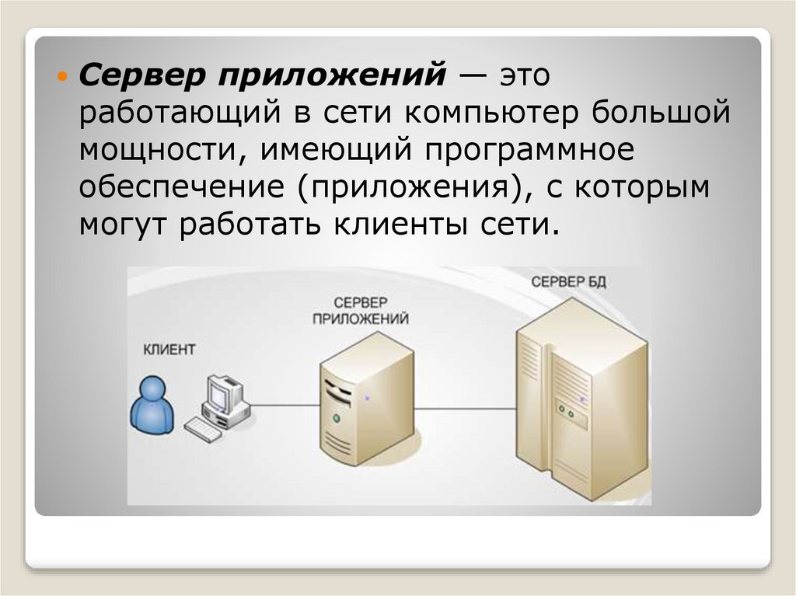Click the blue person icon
pyautogui.click(x=149, y=405)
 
